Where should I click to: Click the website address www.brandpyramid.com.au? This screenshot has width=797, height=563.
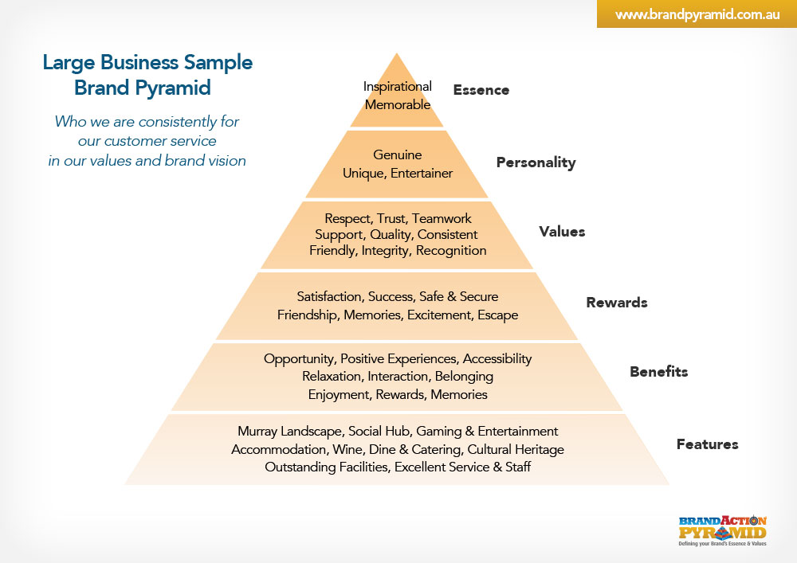(x=697, y=14)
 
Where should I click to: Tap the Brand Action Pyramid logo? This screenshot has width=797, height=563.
(x=722, y=530)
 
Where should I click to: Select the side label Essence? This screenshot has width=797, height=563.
(x=481, y=90)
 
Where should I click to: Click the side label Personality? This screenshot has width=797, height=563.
(x=536, y=162)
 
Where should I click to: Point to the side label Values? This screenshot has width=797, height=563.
(x=562, y=232)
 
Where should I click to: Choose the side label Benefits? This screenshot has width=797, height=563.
(x=659, y=372)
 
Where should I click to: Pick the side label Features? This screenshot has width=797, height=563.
(x=708, y=444)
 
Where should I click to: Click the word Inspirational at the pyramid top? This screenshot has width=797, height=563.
(x=398, y=86)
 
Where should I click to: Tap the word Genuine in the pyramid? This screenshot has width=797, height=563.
(x=398, y=154)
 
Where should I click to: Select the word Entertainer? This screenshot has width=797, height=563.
(x=422, y=173)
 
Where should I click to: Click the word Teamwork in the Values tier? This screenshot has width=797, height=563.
(x=442, y=218)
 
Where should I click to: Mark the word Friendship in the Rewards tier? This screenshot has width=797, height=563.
(x=308, y=315)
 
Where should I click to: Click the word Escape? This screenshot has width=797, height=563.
(x=498, y=315)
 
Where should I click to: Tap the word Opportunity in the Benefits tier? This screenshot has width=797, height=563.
(x=299, y=359)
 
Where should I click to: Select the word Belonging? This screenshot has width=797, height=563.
(x=464, y=377)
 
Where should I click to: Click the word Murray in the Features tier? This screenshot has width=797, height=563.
(x=257, y=432)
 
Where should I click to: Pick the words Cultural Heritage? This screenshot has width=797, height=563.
(x=516, y=450)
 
